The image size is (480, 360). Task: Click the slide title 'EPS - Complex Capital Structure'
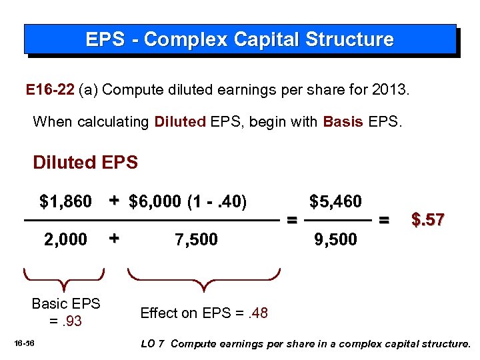pyautogui.click(x=239, y=39)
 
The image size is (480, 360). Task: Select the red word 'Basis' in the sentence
pyautogui.click(x=343, y=122)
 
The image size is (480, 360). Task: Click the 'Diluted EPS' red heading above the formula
pyautogui.click(x=85, y=162)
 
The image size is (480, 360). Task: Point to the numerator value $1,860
pyautogui.click(x=66, y=201)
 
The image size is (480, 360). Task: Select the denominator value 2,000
pyautogui.click(x=65, y=239)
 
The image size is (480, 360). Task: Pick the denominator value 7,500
pyautogui.click(x=196, y=239)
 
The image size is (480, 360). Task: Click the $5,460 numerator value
pyautogui.click(x=335, y=201)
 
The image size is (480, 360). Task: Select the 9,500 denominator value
pyautogui.click(x=335, y=239)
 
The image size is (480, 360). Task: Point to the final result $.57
pyautogui.click(x=427, y=219)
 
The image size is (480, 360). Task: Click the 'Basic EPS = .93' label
pyautogui.click(x=65, y=312)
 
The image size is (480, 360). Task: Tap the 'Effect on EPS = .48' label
pyautogui.click(x=204, y=313)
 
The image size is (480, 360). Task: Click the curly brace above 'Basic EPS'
pyautogui.click(x=65, y=279)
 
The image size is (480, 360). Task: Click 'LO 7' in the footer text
pyautogui.click(x=154, y=344)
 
